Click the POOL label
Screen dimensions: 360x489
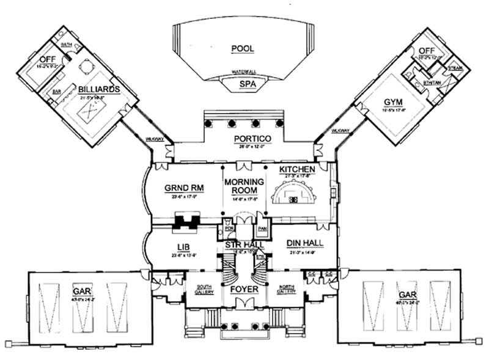click(243, 48)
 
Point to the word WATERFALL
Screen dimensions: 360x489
click(243, 72)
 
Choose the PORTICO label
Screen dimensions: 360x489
click(249, 139)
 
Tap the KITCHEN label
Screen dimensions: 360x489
click(296, 168)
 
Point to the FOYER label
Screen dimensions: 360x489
click(244, 288)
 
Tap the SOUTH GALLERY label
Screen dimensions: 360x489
click(204, 288)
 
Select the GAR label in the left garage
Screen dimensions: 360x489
click(81, 285)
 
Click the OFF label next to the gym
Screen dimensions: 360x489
click(424, 51)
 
